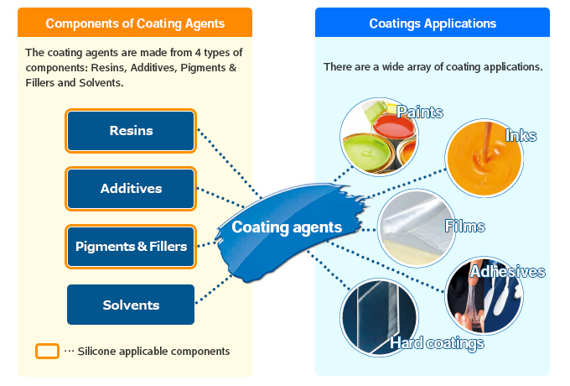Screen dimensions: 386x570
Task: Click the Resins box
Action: (x=131, y=130)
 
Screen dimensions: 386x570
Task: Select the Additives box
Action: (x=131, y=188)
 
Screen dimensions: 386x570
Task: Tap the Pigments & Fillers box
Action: (x=131, y=246)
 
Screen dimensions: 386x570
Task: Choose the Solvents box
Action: (x=131, y=305)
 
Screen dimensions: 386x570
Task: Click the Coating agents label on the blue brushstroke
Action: (x=287, y=227)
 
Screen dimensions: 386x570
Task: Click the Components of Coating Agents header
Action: (x=134, y=23)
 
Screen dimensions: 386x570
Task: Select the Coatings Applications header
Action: (x=433, y=23)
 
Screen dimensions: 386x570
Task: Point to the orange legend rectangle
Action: (x=48, y=351)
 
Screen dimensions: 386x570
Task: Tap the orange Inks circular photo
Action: (x=484, y=158)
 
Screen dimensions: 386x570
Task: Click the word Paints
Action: (x=420, y=112)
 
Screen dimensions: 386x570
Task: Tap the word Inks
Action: (x=521, y=136)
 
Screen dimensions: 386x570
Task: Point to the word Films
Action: (x=464, y=227)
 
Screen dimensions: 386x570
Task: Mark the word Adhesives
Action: (x=507, y=272)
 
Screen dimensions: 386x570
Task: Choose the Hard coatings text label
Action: (x=437, y=342)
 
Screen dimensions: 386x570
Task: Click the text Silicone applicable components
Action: (x=153, y=351)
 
